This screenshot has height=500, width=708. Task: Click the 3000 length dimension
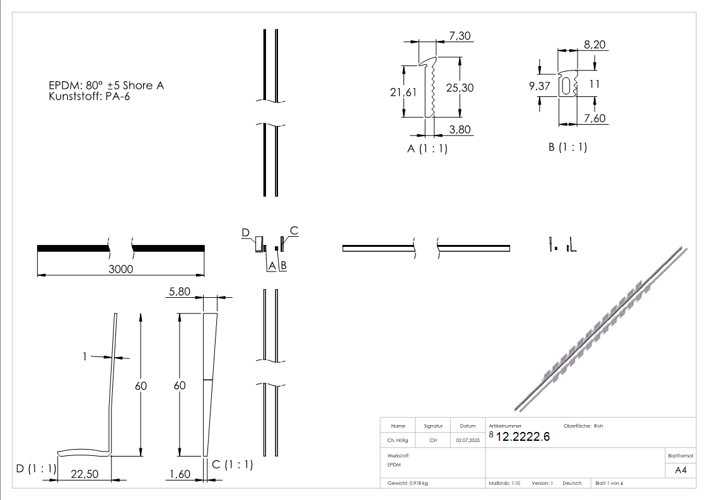tap(120, 269)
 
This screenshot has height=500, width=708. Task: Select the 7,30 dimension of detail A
tap(459, 37)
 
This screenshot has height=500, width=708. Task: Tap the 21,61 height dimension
tap(403, 93)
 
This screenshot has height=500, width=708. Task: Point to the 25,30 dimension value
tap(460, 88)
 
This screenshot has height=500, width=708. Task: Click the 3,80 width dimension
tap(460, 129)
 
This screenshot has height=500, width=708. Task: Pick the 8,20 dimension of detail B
tap(595, 45)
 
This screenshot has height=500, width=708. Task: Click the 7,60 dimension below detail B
tap(595, 118)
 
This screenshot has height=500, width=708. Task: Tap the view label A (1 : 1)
tap(427, 149)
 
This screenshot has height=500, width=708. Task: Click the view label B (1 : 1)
tap(567, 147)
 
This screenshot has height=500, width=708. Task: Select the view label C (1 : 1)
tap(232, 465)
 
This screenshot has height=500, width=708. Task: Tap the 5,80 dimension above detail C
tap(180, 292)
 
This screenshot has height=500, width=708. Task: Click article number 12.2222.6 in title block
tap(523, 438)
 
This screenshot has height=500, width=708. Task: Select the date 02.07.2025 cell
tap(468, 441)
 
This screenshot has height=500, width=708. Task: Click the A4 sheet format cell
tap(681, 470)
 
